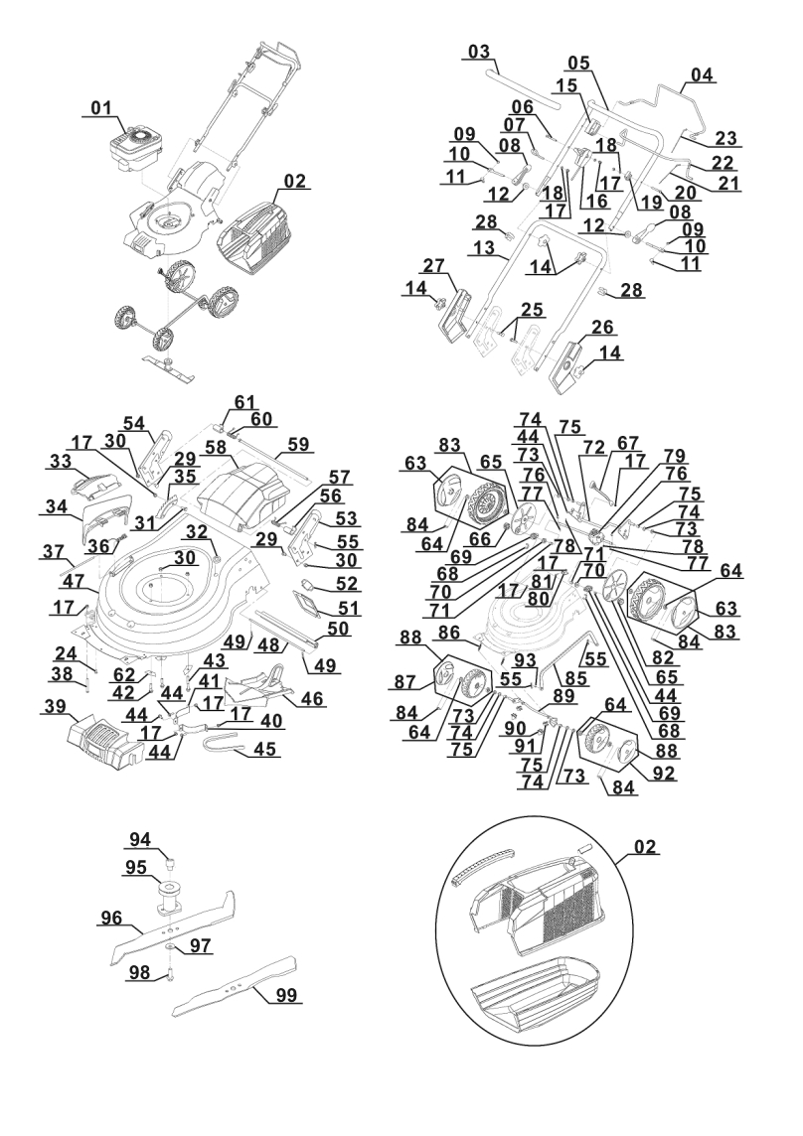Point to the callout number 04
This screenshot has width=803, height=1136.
pyautogui.click(x=703, y=74)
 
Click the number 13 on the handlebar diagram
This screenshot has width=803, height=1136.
pyautogui.click(x=485, y=246)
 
